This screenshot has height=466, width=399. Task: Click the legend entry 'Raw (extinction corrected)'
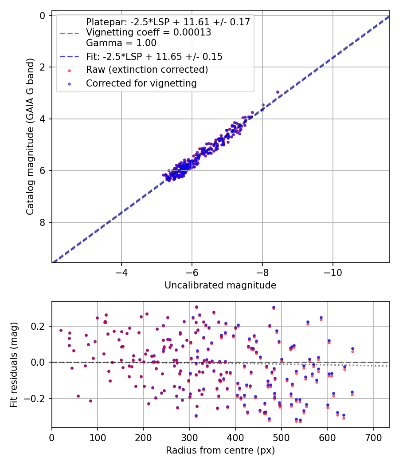pyautogui.click(x=147, y=70)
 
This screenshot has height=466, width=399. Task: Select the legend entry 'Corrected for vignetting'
pyautogui.click(x=141, y=83)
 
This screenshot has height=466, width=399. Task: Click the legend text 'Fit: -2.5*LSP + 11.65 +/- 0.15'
pyautogui.click(x=154, y=57)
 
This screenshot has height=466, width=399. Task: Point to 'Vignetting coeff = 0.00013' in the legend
pyautogui.click(x=148, y=32)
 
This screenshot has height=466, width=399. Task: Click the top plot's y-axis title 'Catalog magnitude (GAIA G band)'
pyautogui.click(x=30, y=139)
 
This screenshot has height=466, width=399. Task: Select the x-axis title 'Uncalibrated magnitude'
pyautogui.click(x=220, y=285)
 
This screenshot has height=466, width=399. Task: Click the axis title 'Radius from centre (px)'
pyautogui.click(x=220, y=450)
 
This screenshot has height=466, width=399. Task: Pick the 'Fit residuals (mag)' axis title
pyautogui.click(x=14, y=364)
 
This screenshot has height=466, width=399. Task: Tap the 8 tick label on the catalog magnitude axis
pyautogui.click(x=43, y=222)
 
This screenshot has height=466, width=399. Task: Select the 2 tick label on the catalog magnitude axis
pyautogui.click(x=43, y=67)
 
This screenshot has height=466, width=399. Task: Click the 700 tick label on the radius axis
pyautogui.click(x=373, y=438)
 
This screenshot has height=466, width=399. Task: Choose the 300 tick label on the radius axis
pyautogui.click(x=189, y=438)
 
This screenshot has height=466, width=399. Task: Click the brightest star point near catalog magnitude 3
pyautogui.click(x=278, y=92)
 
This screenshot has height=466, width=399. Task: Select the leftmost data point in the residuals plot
pyautogui.click(x=61, y=330)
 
